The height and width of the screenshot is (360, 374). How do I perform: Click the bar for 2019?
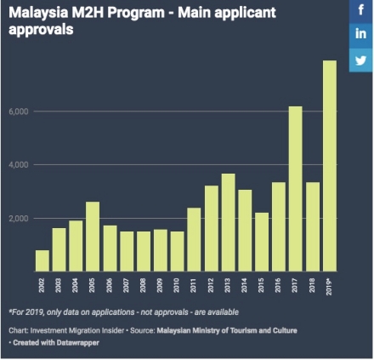[329, 166]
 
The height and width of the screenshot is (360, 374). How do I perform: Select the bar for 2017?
[295, 189]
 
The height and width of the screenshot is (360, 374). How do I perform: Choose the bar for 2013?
[228, 222]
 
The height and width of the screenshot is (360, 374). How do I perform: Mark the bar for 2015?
[262, 242]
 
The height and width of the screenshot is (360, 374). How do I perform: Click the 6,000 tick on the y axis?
[19, 111]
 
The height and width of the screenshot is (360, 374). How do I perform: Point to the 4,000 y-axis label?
[19, 165]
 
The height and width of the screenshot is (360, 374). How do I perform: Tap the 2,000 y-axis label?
[19, 219]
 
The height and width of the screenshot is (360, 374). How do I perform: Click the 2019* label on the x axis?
[330, 287]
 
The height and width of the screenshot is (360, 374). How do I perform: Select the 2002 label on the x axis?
[42, 285]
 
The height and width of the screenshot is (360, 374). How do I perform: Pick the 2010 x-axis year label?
[178, 285]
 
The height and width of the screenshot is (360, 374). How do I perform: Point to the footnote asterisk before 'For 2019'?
[11, 311]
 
